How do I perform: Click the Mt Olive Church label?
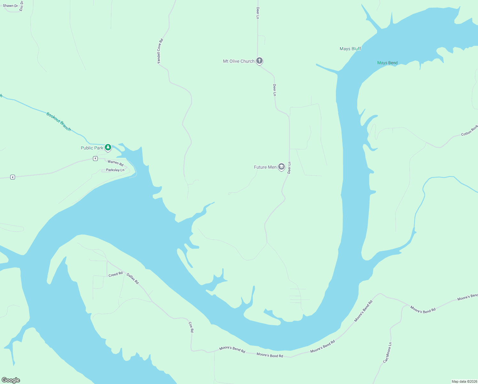[239, 61]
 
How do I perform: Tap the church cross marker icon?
[259, 60]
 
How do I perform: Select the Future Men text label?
[265, 167]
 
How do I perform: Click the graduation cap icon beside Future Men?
[281, 167]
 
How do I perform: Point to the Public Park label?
[92, 148]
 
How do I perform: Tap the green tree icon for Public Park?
[108, 147]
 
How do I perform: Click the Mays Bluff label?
[350, 49]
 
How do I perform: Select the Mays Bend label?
[387, 63]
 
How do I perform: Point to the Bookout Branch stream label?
[58, 121]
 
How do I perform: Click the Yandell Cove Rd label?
[160, 51]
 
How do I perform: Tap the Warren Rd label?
[115, 163]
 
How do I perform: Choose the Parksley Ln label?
[115, 170]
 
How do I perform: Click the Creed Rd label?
[115, 274]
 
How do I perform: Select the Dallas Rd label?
[133, 278]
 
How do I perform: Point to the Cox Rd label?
[191, 327]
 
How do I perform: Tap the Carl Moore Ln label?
[387, 353]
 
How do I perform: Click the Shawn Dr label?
[10, 6]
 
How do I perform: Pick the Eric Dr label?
[21, 6]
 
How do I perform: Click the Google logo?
[11, 380]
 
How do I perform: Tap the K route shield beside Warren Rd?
[95, 158]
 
